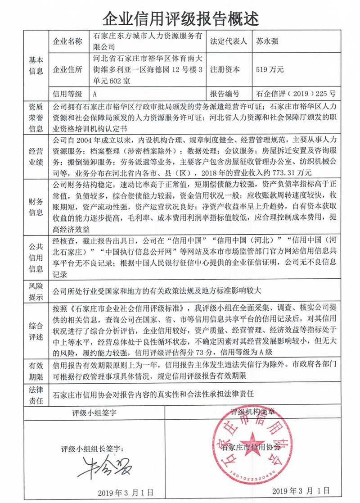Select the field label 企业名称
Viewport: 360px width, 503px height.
point(68,42)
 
